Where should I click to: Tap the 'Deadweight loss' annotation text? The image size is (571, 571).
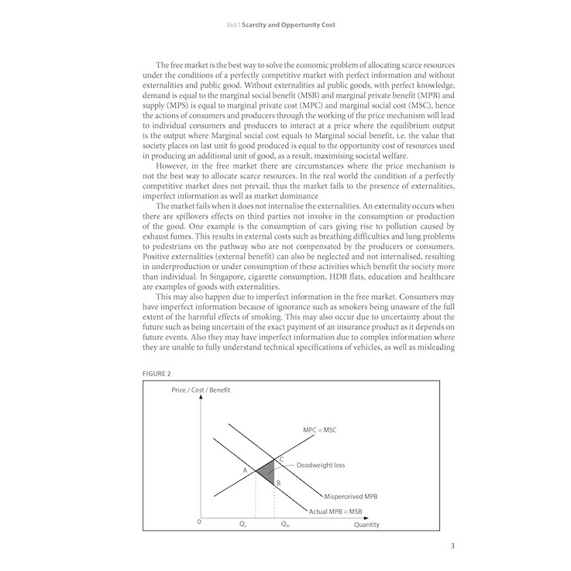click(322, 466)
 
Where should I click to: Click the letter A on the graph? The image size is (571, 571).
click(245, 470)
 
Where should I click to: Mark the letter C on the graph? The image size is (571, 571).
click(280, 460)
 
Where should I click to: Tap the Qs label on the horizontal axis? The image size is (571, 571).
click(243, 525)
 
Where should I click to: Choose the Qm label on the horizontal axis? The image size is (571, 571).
click(284, 525)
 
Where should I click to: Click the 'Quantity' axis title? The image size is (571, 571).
click(366, 525)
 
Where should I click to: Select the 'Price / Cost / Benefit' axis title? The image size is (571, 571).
click(201, 390)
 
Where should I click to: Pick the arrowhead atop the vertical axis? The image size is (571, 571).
click(202, 398)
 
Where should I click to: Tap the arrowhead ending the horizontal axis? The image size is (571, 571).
click(381, 516)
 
